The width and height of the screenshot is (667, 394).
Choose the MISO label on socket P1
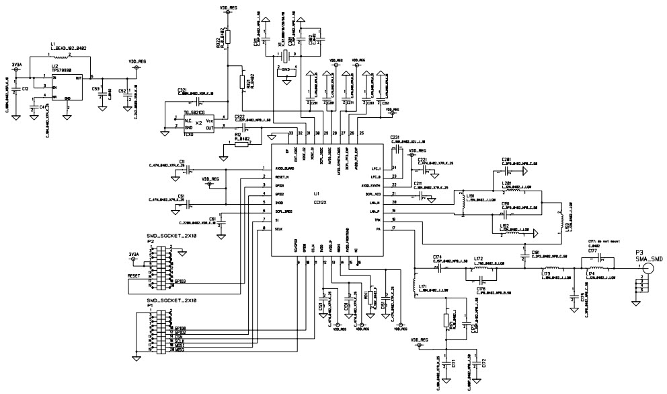pyautogui.click(x=180, y=351)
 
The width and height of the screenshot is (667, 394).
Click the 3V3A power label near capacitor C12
pyautogui.click(x=16, y=65)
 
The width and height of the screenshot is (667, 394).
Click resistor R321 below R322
pyautogui.click(x=242, y=81)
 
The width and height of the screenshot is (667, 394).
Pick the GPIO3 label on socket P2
pyautogui.click(x=180, y=280)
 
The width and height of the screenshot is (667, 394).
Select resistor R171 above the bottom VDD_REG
pyautogui.click(x=446, y=321)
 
